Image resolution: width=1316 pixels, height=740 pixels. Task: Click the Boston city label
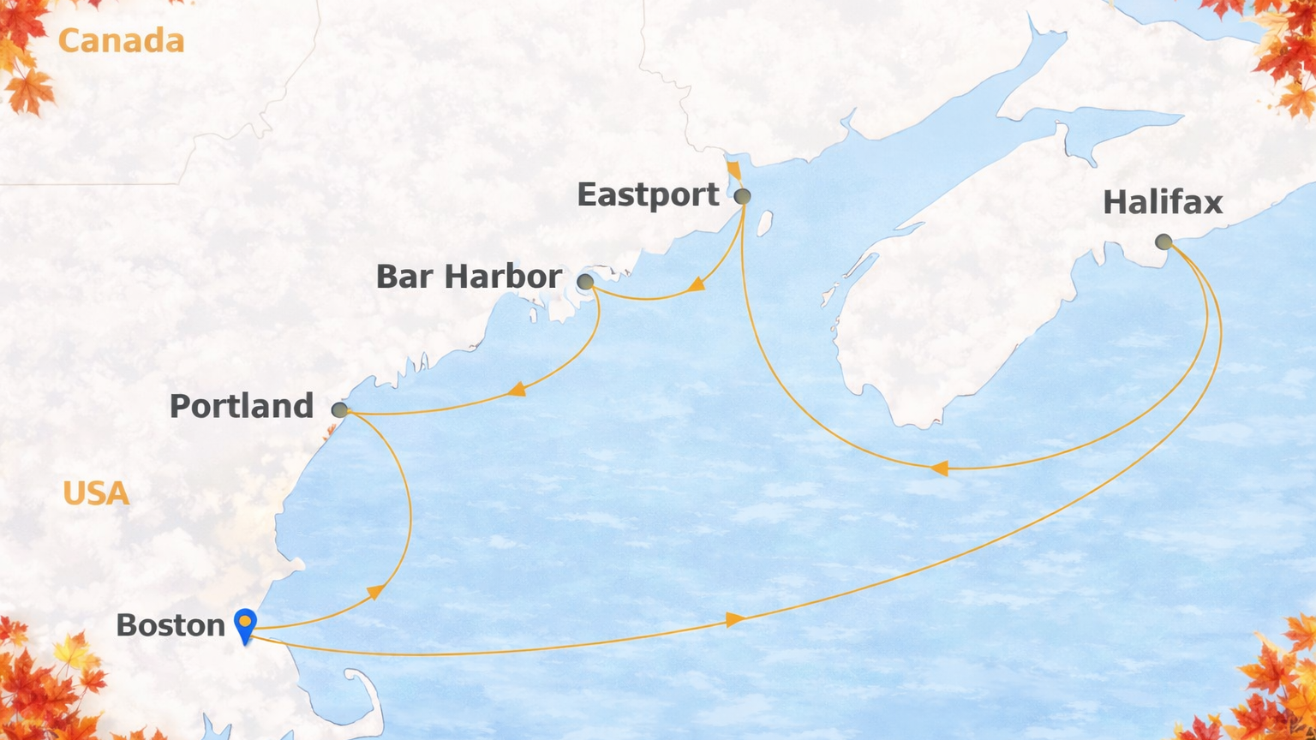pos(170,625)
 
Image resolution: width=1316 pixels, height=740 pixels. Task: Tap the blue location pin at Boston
pos(246,624)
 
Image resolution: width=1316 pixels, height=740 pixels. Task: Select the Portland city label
pos(242,406)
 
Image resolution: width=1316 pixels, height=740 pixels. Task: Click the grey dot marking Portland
pos(339,410)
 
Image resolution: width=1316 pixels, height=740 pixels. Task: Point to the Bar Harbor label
pos(469,277)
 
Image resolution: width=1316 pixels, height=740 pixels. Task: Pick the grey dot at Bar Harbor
pos(585,282)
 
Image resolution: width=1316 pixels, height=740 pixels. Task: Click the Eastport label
pos(648,195)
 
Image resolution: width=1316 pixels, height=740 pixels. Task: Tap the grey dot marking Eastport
pos(743,196)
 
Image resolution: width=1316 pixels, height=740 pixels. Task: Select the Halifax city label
pos(1163,203)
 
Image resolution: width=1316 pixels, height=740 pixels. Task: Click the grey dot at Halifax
pos(1163,242)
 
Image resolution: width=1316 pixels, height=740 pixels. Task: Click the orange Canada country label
pos(121,41)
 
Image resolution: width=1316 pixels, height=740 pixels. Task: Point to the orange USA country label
pos(96,493)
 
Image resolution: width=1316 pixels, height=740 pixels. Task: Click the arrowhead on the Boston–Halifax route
pos(735,619)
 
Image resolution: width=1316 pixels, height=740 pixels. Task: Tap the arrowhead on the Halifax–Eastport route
pos(940,468)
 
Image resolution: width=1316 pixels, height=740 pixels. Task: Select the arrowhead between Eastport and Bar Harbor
pos(697,285)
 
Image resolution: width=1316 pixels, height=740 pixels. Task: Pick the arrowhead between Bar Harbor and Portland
pos(516,391)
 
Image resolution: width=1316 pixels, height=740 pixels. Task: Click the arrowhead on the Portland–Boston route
pos(375,592)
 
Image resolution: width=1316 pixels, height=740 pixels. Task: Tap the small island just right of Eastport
pos(765,223)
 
